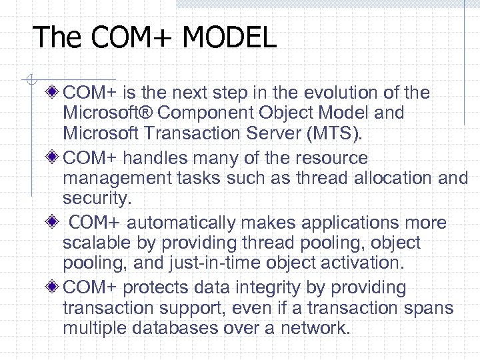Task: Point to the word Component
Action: point(205,113)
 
